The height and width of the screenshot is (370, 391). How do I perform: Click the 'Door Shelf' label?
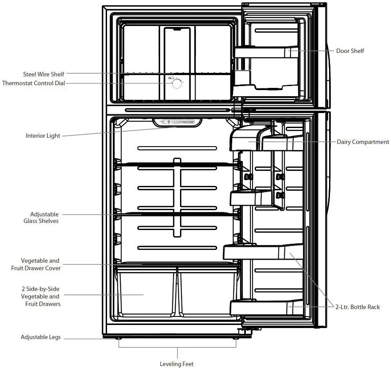(x=350, y=51)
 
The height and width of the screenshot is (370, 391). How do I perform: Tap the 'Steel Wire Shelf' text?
(x=43, y=74)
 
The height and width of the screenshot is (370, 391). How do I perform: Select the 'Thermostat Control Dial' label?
(x=33, y=83)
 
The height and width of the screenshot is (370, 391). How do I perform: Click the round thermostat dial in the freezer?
(x=176, y=83)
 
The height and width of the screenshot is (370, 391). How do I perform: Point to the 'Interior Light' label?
(x=42, y=136)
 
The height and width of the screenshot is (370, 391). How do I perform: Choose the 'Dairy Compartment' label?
(x=363, y=142)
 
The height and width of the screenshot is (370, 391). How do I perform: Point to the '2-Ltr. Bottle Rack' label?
(x=357, y=307)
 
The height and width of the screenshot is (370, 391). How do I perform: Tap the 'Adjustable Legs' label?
(x=41, y=337)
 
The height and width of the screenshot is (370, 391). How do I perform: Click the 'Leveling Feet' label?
(x=177, y=364)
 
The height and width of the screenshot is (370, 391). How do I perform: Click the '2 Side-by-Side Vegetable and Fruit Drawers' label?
(x=41, y=296)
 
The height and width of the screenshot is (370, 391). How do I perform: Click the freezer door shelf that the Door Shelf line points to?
(x=265, y=53)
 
